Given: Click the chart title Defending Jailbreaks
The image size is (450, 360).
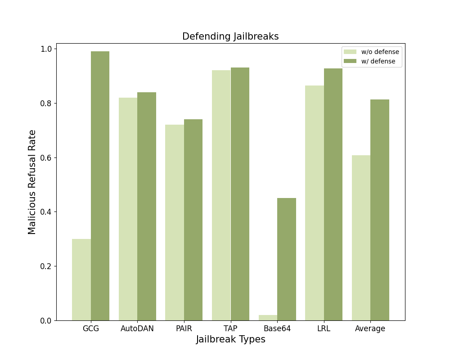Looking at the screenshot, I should (230, 37).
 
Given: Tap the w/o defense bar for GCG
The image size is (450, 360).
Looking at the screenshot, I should (81, 279).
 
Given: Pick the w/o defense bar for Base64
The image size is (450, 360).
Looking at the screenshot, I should (268, 318).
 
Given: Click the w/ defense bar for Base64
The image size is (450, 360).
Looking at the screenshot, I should (287, 259).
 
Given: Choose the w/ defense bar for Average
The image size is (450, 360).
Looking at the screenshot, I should (380, 210).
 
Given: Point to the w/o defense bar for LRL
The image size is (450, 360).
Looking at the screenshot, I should (315, 203).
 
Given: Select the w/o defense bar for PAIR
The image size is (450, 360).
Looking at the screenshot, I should (175, 222).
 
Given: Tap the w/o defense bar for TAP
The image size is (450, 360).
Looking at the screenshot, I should (221, 195).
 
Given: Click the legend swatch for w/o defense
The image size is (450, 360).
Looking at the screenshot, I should (350, 52).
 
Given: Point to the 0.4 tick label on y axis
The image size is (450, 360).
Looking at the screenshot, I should (46, 212).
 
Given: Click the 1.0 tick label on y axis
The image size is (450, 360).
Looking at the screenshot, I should (46, 49).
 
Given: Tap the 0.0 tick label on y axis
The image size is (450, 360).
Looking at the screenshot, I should (46, 321).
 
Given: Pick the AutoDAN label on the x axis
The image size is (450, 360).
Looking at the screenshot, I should (137, 328).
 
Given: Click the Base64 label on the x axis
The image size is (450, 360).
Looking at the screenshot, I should (277, 328).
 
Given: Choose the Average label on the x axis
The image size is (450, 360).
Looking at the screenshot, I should (370, 328).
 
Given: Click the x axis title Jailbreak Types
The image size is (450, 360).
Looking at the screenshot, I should (230, 340).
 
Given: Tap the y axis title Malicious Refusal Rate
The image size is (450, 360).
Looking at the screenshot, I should (32, 182).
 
